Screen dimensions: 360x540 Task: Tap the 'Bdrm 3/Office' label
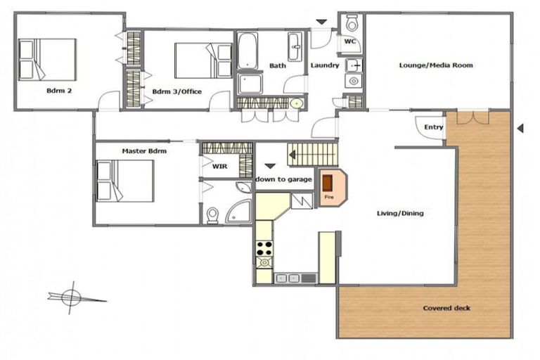177,91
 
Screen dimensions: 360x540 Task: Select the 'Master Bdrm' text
144,151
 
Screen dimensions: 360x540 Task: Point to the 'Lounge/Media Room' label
436,65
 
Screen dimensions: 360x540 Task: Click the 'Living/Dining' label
401,213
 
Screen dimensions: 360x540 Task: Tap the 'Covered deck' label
446,308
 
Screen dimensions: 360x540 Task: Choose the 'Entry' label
434,127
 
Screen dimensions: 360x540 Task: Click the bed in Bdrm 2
47,58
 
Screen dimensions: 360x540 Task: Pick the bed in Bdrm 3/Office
202,60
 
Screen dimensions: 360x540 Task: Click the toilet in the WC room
352,23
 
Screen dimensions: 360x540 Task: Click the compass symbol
70,297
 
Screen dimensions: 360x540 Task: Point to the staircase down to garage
312,153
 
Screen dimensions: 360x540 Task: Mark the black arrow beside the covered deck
520,128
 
